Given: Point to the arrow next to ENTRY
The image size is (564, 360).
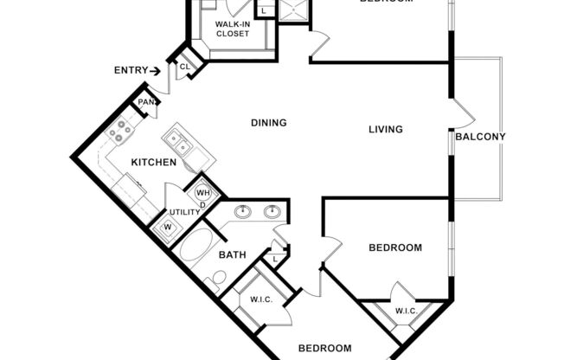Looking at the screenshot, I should click(155, 71).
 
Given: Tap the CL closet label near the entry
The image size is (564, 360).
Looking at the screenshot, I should click(184, 65).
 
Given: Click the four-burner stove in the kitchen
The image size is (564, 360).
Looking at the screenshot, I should click(117, 133).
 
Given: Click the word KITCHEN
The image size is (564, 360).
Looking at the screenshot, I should click(154, 163).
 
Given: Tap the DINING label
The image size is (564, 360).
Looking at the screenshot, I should click(268, 123).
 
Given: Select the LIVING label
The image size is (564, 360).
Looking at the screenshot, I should click(386, 131).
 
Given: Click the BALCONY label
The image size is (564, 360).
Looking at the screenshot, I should click(480, 137).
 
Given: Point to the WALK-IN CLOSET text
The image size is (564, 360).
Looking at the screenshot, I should click(232, 29).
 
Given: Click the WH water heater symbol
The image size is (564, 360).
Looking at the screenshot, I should click(204, 192).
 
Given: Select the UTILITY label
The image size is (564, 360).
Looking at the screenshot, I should click(184, 212).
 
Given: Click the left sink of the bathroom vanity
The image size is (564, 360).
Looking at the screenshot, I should click(244, 210).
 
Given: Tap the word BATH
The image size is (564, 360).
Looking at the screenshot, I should click(233, 255).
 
